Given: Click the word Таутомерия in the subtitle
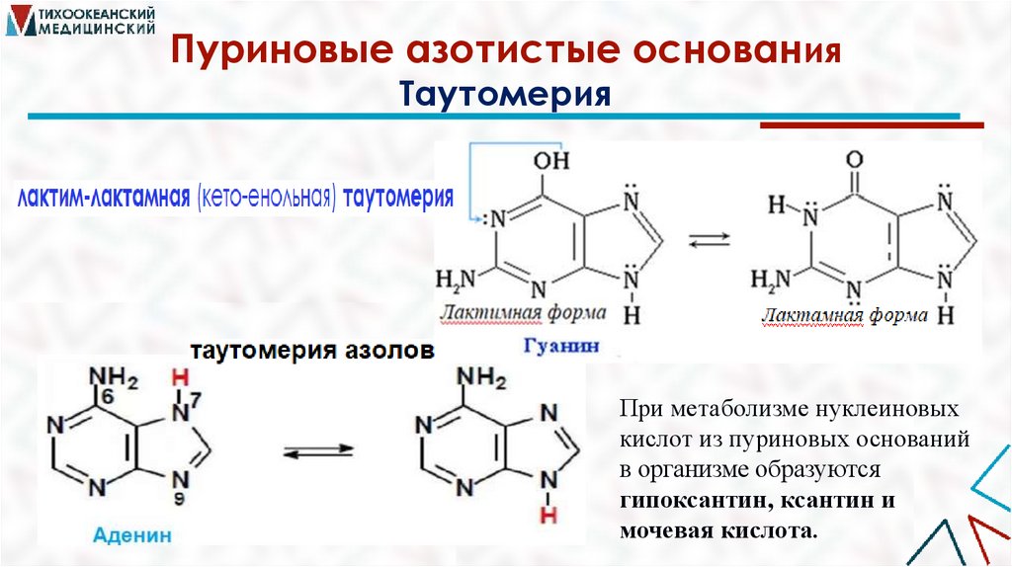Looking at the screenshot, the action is (505, 95).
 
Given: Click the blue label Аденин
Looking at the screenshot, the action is (133, 536).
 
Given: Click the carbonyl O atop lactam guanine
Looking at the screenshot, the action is (855, 161).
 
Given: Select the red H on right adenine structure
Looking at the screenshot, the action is (547, 515).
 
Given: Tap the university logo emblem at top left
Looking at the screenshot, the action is (22, 22).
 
